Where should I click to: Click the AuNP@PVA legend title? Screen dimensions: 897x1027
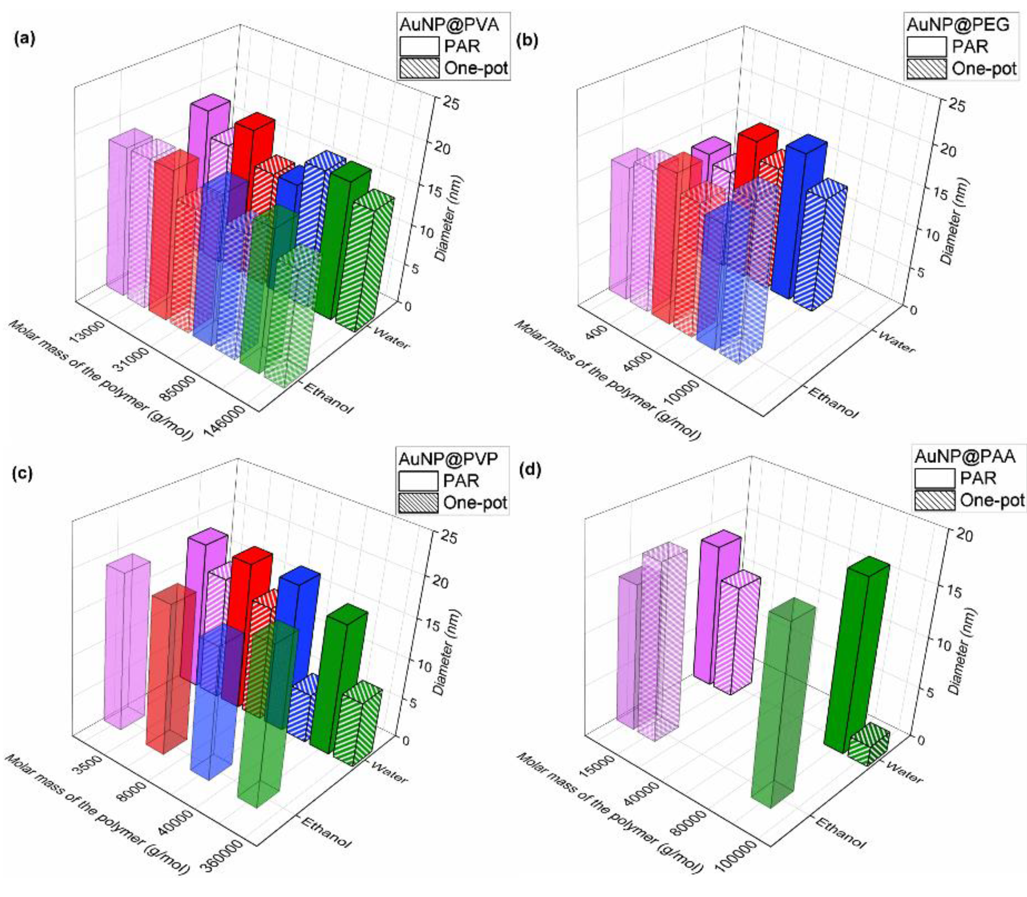(x=449, y=24)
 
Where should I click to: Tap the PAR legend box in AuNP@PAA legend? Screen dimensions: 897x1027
(x=934, y=478)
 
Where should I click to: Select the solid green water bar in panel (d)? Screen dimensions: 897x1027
(x=856, y=656)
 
